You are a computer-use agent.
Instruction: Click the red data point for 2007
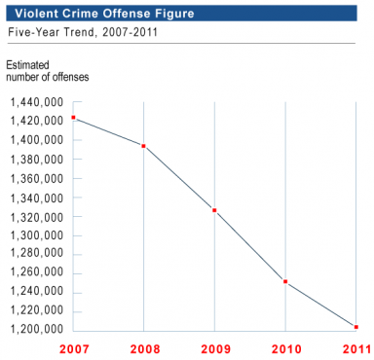[73, 118]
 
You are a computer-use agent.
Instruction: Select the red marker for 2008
[143, 146]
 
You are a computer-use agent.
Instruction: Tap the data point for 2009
[214, 210]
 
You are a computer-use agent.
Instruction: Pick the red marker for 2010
[285, 281]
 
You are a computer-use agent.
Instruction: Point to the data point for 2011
[356, 327]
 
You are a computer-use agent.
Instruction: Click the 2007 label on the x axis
[73, 347]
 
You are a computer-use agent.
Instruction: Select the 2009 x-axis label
[214, 347]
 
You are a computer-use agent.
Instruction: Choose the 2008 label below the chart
[143, 347]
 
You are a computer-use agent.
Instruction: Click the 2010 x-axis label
[285, 347]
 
